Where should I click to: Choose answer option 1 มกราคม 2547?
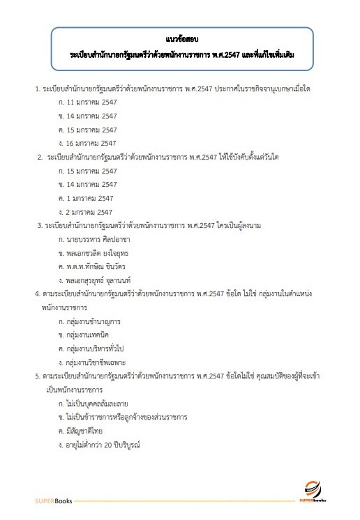click(x=87, y=198)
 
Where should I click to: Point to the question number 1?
click(x=37, y=89)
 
